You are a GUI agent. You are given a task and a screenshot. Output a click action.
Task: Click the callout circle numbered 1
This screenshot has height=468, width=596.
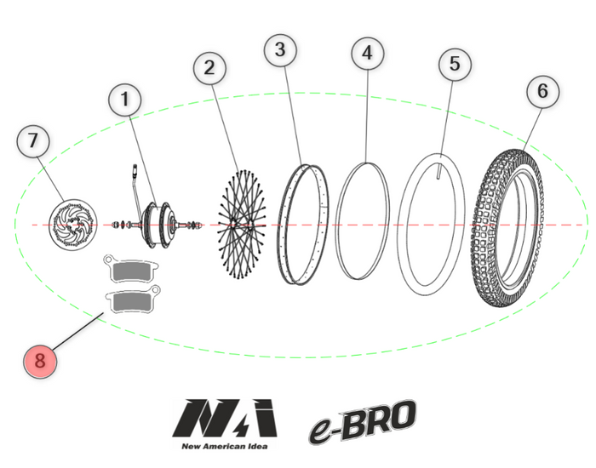pos(126,100)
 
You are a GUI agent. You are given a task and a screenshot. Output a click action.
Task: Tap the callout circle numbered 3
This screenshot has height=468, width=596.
pos(281,50)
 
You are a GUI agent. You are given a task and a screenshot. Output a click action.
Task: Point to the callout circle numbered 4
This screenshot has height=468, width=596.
pos(367,52)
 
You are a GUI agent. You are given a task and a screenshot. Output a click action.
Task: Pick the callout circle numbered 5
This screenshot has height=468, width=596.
pos(455,64)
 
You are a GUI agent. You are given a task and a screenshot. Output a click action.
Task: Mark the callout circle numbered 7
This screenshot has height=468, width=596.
pos(34,141)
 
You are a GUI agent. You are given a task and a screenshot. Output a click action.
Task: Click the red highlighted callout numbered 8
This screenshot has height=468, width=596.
pos(40,360)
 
